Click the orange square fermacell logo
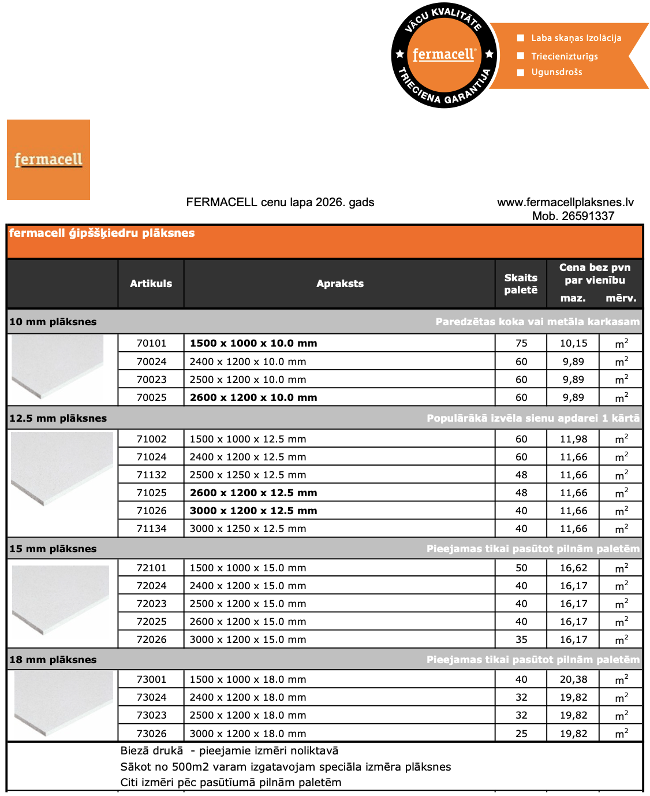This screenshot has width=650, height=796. tap(48, 159)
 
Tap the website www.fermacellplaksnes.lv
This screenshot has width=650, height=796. tap(565, 202)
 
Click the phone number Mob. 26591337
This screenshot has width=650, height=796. tap(573, 216)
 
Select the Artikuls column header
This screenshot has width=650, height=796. tap(151, 284)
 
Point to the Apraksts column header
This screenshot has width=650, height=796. tap(339, 284)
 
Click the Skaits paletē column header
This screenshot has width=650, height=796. tap(521, 284)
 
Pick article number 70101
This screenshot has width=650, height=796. tap(151, 343)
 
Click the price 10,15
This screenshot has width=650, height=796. tap(573, 343)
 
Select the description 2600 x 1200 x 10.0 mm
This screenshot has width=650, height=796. tap(253, 397)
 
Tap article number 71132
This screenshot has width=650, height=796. tap(151, 475)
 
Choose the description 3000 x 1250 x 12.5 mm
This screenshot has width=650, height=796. tap(248, 529)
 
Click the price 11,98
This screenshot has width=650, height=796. tap(573, 439)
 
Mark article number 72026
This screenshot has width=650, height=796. tap(151, 639)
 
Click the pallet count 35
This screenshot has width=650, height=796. tap(521, 639)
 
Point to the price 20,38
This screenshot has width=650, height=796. tap(573, 679)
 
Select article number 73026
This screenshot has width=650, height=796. tap(151, 734)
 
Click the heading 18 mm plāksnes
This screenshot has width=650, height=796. tap(53, 660)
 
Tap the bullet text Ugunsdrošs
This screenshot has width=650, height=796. tap(556, 72)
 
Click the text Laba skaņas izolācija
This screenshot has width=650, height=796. tap(576, 38)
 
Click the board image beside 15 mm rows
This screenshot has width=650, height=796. tap(61, 601)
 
